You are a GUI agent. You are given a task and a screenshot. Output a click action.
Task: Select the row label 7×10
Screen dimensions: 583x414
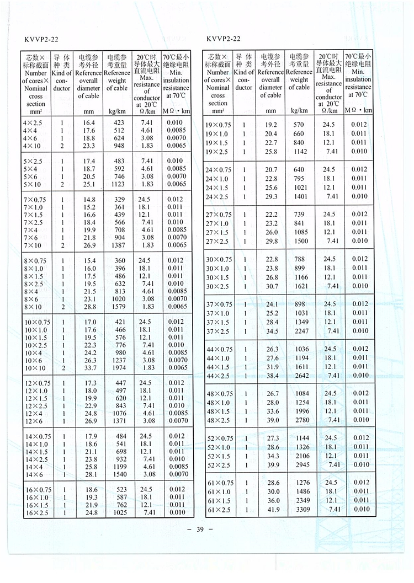click(x=32, y=245)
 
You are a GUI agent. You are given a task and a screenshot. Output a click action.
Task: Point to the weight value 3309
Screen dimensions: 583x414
click(x=299, y=509)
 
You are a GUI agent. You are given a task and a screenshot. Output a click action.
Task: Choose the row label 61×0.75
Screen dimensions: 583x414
click(x=220, y=483)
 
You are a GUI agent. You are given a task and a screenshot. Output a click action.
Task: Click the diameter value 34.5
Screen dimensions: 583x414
click(x=270, y=331)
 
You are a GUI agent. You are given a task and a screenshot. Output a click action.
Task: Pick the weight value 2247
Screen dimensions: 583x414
click(x=299, y=331)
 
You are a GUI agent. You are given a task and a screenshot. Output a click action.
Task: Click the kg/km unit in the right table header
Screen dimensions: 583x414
click(x=299, y=111)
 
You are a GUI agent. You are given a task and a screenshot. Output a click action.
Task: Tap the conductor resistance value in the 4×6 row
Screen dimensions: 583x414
click(x=146, y=138)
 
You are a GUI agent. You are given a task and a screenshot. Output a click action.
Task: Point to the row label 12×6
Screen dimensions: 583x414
click(x=31, y=421)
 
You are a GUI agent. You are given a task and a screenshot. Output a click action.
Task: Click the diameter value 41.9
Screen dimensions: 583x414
click(x=270, y=509)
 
